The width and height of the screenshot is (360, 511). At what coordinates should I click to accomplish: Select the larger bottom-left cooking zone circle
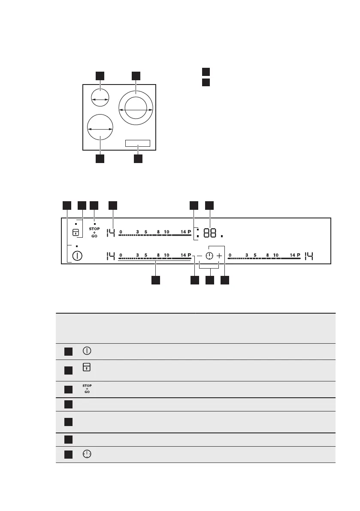point(100,127)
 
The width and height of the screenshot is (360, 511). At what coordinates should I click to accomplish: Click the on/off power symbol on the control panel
point(77,256)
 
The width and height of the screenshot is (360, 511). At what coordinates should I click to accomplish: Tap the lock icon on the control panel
point(76,233)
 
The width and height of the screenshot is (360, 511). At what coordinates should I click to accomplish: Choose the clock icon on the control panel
point(209,256)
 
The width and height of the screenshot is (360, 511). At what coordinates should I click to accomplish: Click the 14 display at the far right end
point(309,256)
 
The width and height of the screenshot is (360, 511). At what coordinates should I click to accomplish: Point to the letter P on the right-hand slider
point(299,255)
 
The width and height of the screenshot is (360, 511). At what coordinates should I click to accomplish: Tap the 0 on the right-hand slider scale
point(230,255)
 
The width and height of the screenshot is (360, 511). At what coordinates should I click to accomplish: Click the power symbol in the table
point(87,351)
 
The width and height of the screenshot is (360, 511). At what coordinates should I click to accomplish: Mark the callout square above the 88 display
point(209,206)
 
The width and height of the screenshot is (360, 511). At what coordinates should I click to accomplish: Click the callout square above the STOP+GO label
point(94,206)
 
